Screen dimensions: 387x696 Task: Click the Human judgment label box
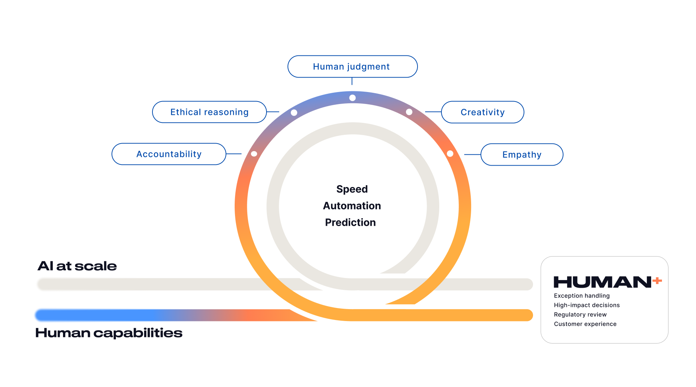pos(352,67)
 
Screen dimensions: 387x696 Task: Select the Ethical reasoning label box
pos(209,112)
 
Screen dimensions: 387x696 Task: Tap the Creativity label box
pos(482,112)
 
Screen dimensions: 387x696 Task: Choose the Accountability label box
pos(169,154)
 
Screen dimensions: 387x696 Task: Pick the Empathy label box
pos(522,155)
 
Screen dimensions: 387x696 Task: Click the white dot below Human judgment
pos(352,98)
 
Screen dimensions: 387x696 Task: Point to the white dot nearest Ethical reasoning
pos(294,113)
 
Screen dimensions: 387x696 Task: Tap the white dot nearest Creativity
pos(409,112)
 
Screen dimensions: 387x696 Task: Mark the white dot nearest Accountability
pos(254,154)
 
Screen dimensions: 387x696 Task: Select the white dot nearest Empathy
pos(450,154)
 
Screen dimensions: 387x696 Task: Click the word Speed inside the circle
pos(352,189)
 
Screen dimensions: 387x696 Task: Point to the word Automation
pos(352,206)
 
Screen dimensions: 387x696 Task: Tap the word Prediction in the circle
pos(351,222)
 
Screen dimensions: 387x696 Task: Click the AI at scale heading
pos(77,266)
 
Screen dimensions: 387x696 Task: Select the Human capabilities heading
pos(109,333)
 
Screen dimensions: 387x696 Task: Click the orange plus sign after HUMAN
pos(657,280)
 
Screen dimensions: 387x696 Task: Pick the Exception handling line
pos(582,296)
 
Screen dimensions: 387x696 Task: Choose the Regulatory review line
pos(580,315)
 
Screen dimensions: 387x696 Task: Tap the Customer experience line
pos(585,324)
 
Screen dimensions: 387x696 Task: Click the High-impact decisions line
pos(587,305)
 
